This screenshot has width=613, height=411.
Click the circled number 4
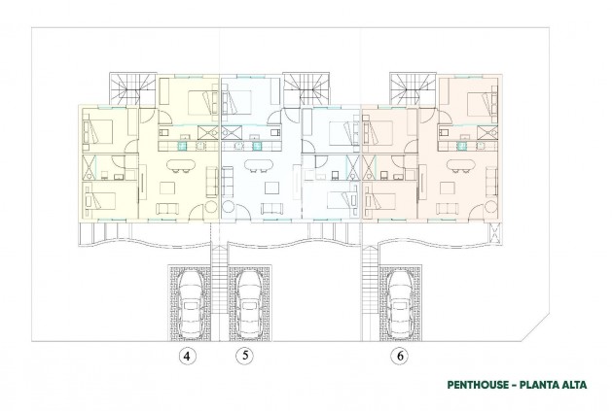[x=187, y=356]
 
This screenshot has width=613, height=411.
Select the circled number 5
[x=245, y=356]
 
